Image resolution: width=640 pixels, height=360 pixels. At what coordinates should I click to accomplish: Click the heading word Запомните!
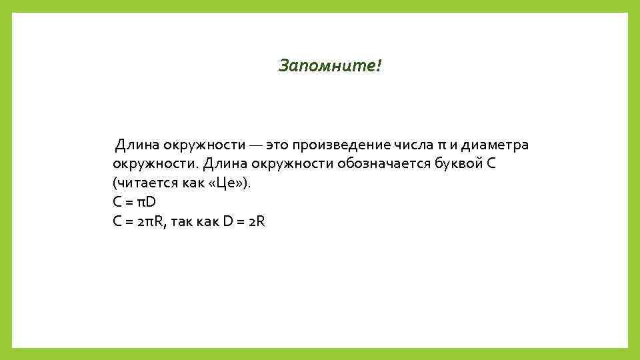coord(331,66)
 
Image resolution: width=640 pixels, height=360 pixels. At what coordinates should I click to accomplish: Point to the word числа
coord(413,145)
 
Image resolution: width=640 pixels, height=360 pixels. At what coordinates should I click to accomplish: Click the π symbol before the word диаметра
coord(442,145)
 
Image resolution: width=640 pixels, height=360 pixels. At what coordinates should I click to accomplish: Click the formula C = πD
coord(134,203)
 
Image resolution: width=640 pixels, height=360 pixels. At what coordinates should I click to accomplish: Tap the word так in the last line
coord(182,222)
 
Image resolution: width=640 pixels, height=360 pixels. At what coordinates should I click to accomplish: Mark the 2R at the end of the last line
coord(256,222)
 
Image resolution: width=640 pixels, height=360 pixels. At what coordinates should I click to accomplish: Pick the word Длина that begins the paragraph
coord(135,145)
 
